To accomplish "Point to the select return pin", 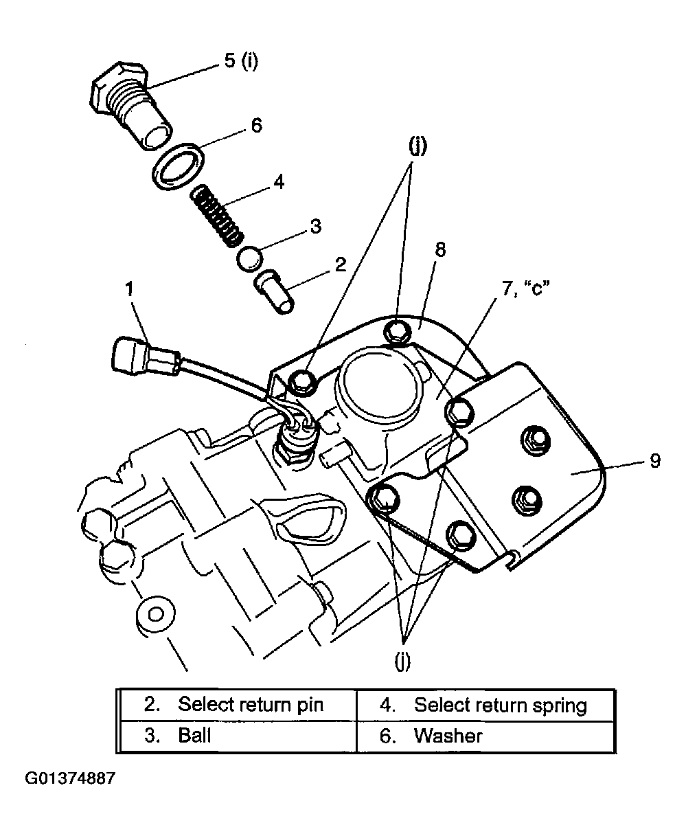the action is [x=274, y=291].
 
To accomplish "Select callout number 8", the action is [x=440, y=250].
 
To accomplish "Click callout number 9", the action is [x=655, y=461].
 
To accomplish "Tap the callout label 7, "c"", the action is [x=526, y=289].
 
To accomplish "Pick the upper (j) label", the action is [x=418, y=146].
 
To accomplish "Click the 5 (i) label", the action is [x=241, y=60].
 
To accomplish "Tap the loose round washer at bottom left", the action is [x=155, y=615].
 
